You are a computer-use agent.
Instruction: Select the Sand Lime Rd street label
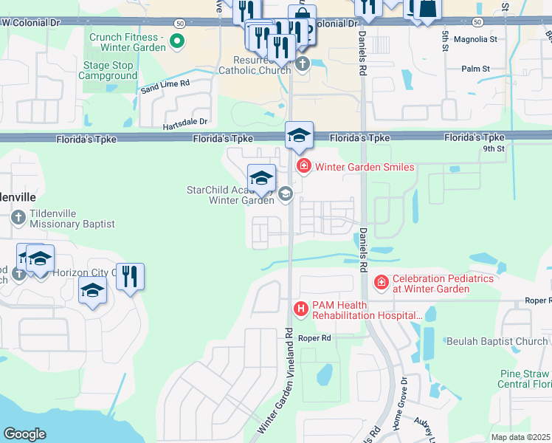[x=165, y=86]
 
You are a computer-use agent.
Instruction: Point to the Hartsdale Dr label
[x=186, y=122]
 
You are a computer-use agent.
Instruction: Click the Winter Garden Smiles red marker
[x=303, y=166]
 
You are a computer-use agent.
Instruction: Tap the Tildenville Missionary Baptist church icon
[x=19, y=218]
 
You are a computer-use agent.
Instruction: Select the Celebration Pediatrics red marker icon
[x=381, y=283]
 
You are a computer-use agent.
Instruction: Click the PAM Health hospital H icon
[x=300, y=309]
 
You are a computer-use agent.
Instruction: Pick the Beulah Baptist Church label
[x=497, y=341]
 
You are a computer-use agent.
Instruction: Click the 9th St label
[x=493, y=148]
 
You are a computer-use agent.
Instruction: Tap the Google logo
[x=24, y=433]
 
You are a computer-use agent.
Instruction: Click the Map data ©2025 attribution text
[x=520, y=437]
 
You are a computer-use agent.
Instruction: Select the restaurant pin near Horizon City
[x=130, y=278]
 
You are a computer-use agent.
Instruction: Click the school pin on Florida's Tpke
[x=299, y=136]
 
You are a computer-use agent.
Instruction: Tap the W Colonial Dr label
[x=31, y=23]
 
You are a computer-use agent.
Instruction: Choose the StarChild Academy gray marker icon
[x=286, y=194]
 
